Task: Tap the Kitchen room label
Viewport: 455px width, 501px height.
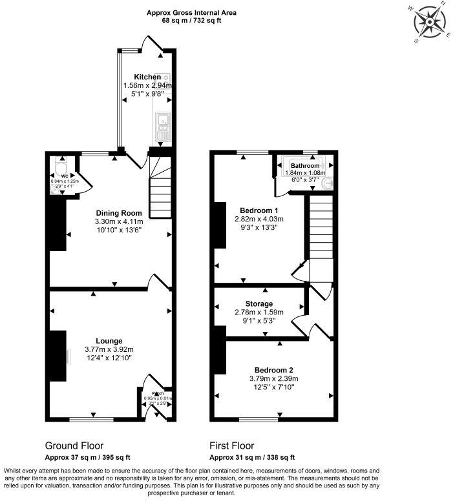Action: (x=147, y=77)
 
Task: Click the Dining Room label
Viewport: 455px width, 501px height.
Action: (x=119, y=214)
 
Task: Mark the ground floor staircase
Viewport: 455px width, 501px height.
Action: (x=160, y=190)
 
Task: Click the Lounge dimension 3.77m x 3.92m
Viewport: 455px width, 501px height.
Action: (x=108, y=349)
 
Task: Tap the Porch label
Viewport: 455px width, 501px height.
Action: (x=158, y=393)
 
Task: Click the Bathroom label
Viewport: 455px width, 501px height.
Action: (x=305, y=166)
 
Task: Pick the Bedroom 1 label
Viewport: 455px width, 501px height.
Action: (x=259, y=210)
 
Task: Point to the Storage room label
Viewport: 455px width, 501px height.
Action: (x=259, y=303)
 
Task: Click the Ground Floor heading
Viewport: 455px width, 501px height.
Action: (x=74, y=445)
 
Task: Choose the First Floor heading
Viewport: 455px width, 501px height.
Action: (x=231, y=445)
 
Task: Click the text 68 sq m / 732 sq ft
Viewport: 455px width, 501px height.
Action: (x=191, y=21)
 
